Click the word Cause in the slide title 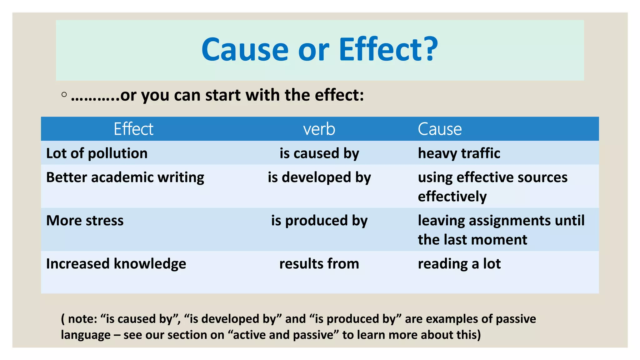(x=245, y=50)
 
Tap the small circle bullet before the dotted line (x=64, y=94)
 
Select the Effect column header (x=133, y=129)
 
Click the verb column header (x=319, y=129)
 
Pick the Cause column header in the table (x=440, y=129)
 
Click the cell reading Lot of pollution (x=97, y=153)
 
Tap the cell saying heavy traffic (x=459, y=153)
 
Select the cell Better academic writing (x=125, y=177)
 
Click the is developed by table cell (x=319, y=177)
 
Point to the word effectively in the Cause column (x=452, y=197)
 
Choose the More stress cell (x=85, y=220)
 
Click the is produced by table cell (x=319, y=220)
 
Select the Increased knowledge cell (x=116, y=263)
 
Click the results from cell (x=319, y=263)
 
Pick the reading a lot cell (x=459, y=263)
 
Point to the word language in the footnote (x=86, y=335)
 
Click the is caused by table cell (x=319, y=153)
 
